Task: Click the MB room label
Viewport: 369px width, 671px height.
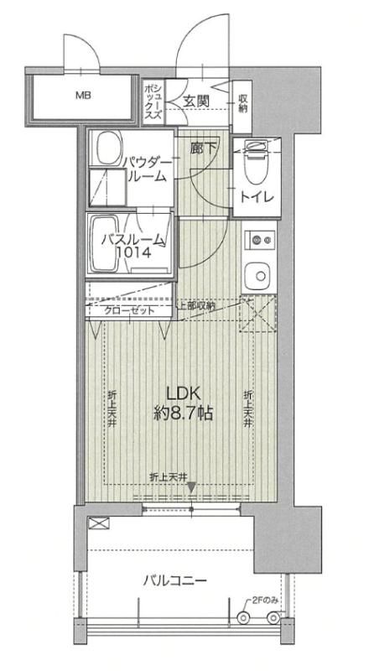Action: [84, 96]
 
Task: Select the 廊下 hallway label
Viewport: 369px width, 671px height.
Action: [204, 148]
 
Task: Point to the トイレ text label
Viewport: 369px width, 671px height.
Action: [257, 198]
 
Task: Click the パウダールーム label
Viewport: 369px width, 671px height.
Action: [147, 169]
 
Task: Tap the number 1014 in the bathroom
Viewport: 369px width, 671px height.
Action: [134, 253]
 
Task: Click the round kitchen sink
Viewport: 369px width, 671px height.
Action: [257, 276]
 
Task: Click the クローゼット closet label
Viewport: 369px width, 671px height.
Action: [129, 310]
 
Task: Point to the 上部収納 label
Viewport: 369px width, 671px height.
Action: [196, 305]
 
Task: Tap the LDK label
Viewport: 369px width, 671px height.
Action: [183, 393]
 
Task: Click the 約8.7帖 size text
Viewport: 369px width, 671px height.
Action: [183, 413]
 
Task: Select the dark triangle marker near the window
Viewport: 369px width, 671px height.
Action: [191, 487]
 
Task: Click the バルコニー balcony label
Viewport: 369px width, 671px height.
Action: [174, 580]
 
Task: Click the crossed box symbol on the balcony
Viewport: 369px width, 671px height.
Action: [98, 523]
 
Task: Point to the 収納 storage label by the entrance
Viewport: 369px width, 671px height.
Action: [242, 102]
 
